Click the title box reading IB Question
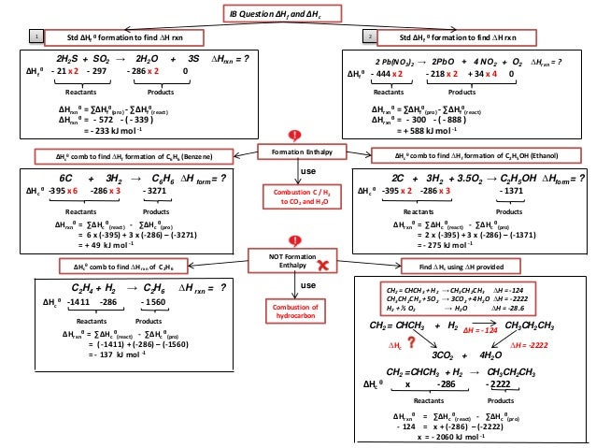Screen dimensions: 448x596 tap(297, 13)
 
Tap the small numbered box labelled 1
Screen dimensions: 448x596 tap(35, 36)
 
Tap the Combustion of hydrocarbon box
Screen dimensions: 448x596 tap(296, 313)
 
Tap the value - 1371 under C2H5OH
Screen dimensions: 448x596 tap(512, 190)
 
